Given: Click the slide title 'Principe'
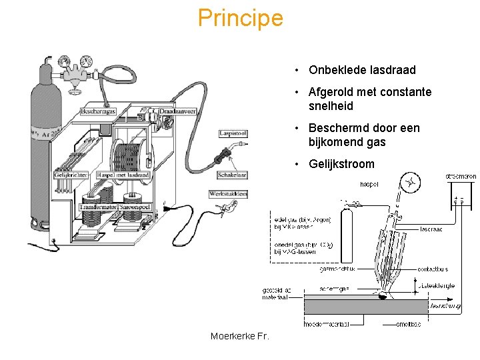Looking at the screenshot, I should pos(240,18).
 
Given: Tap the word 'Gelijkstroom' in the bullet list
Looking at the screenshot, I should pos(341,164).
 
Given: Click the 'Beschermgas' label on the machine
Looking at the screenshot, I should pos(99,111).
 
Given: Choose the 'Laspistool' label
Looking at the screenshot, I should pos(233,133).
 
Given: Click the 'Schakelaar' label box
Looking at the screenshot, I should pos(233,175).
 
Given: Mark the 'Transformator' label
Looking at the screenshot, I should pos(98,207).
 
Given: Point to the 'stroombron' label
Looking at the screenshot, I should pos(461,177).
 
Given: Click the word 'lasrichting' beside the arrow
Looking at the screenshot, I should pos(445,306).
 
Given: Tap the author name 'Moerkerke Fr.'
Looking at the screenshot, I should pos(240,336).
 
